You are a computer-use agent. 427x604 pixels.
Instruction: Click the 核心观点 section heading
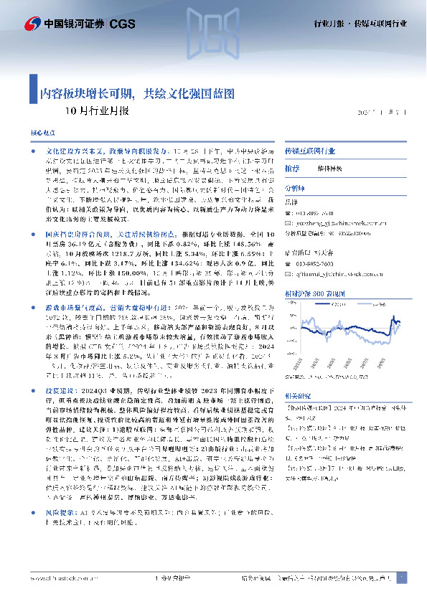point(42,134)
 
